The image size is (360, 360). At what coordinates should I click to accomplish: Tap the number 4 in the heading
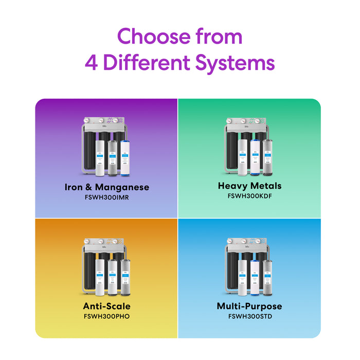(x=92, y=63)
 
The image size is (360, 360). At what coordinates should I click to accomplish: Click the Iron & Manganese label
(x=107, y=187)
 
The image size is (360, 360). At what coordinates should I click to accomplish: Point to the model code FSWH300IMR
(x=107, y=197)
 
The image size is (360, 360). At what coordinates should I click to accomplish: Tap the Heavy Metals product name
(x=249, y=186)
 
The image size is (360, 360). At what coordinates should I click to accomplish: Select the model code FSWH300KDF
(x=249, y=195)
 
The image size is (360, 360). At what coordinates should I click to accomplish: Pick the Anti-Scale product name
(x=107, y=307)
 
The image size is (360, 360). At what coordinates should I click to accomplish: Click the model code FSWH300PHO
(x=107, y=316)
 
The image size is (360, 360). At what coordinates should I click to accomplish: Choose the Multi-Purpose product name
(x=249, y=307)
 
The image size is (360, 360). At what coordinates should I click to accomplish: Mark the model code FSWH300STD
(x=249, y=316)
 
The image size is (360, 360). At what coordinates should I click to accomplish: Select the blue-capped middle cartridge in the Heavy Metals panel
(x=254, y=156)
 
